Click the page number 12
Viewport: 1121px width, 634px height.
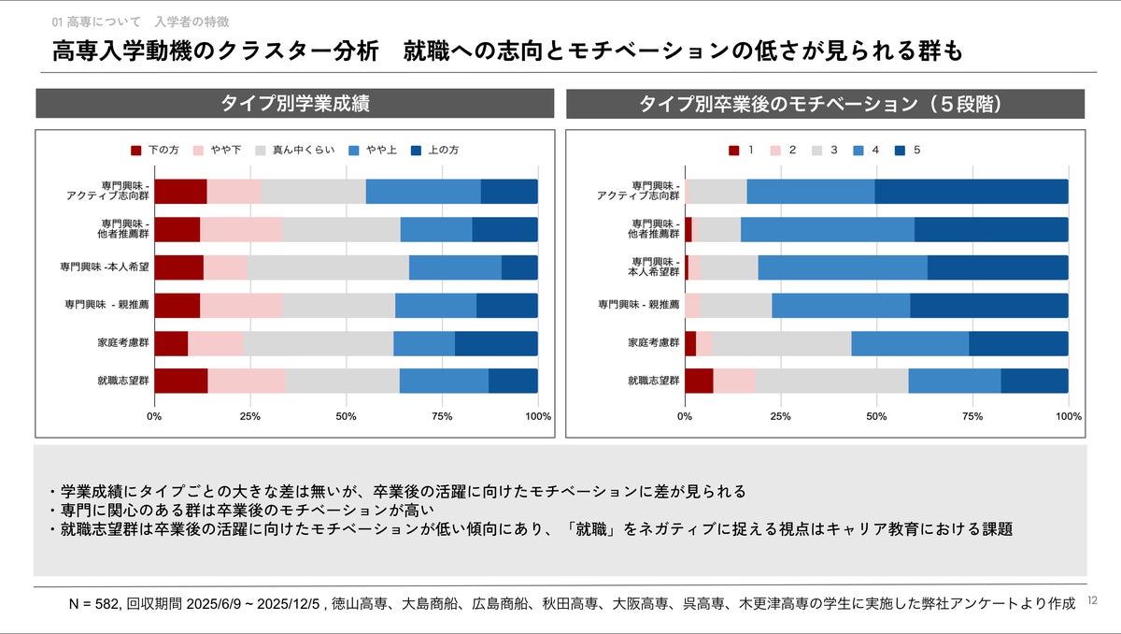1093,602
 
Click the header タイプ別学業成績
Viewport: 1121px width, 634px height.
294,104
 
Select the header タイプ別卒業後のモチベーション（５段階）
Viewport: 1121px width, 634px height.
825,104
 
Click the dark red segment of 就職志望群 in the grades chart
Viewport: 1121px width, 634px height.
180,381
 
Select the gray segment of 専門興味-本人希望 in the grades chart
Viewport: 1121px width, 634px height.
327,267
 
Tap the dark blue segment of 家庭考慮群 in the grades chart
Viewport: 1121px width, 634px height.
496,343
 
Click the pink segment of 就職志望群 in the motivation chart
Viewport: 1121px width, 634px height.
734,381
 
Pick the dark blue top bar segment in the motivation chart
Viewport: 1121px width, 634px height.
972,192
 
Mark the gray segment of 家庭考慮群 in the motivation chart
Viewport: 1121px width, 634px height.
781,343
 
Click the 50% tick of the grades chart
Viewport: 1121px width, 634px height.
346,415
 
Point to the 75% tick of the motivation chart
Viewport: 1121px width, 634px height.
972,415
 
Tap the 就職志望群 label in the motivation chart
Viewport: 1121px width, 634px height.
653,381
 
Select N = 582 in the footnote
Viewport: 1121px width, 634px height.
93,603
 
